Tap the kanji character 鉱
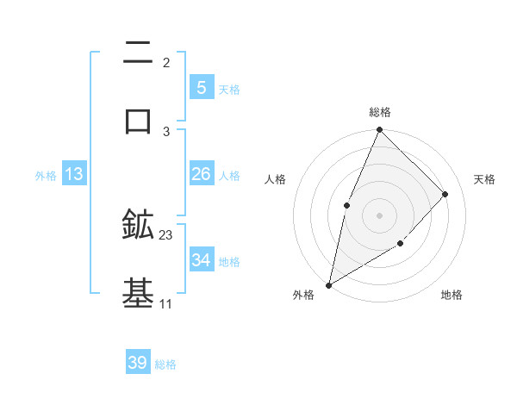coord(138,225)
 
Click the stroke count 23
coord(166,235)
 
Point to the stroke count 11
coord(165,303)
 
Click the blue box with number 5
coord(201,88)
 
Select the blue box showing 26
coord(201,174)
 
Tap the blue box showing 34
coord(201,260)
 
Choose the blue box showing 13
coord(74,174)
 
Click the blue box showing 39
coord(138,363)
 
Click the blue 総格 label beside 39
coord(165,364)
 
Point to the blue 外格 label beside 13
coord(46,176)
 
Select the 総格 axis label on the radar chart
coord(379,112)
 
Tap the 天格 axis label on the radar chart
coord(484,179)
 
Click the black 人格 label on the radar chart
coord(275,179)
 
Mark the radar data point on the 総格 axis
coord(379,130)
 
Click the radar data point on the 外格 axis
coord(328,284)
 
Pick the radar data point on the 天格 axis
coord(445,194)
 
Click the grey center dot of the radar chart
coord(379,215)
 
